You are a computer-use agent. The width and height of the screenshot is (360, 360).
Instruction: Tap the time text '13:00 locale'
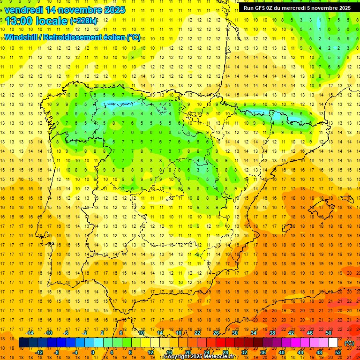tap(37, 21)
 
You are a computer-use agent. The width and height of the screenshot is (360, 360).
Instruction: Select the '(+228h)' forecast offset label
tap(84, 21)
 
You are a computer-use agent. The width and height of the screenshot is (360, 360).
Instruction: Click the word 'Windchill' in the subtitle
tap(22, 37)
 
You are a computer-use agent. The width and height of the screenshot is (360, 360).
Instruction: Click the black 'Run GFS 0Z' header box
tap(297, 7)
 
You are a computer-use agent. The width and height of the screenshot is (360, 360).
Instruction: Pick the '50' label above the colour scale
tap(329, 333)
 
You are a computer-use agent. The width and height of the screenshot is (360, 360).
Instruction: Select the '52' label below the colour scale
tap(338, 352)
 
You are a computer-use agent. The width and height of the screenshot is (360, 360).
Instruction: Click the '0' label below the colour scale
tap(93, 352)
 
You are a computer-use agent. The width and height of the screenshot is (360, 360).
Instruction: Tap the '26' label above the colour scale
tap(216, 333)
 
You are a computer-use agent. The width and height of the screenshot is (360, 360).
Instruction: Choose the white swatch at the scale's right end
tap(333, 343)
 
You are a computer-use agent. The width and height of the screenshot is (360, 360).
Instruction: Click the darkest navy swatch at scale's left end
tap(23, 343)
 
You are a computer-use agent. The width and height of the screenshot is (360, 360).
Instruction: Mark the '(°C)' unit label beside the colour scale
tap(349, 343)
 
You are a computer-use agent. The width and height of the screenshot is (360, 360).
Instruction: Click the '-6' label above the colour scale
tap(66, 333)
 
